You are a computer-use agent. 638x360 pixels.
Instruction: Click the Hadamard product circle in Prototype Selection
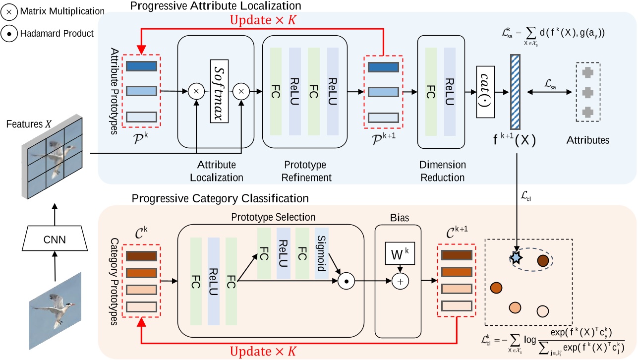tap(345, 281)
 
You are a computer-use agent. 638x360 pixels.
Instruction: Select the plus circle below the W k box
tap(399, 281)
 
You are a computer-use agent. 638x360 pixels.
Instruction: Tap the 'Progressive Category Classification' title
tap(220, 198)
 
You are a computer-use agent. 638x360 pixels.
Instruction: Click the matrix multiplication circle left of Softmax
tap(196, 91)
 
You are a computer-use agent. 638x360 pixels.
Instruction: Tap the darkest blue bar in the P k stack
tap(142, 65)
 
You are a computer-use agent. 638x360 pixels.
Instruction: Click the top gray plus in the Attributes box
tap(587, 72)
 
